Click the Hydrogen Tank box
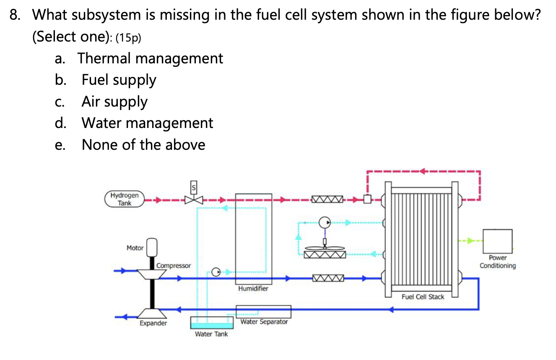pyautogui.click(x=125, y=199)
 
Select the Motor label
pyautogui.click(x=135, y=248)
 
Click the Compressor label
pyautogui.click(x=174, y=266)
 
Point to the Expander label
pyautogui.click(x=153, y=323)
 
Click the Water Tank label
pyautogui.click(x=211, y=334)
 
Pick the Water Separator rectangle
pyautogui.click(x=263, y=312)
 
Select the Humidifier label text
pyautogui.click(x=253, y=289)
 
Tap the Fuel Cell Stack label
pyautogui.click(x=423, y=297)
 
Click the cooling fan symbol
pyautogui.click(x=325, y=248)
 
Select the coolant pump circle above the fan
pyautogui.click(x=325, y=222)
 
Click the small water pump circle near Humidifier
pyautogui.click(x=216, y=272)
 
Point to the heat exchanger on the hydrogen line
pyautogui.click(x=327, y=199)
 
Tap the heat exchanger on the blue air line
pyautogui.click(x=327, y=278)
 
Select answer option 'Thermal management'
pyautogui.click(x=150, y=58)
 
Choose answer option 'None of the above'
pyautogui.click(x=143, y=145)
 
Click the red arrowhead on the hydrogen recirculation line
pyautogui.click(x=422, y=171)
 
